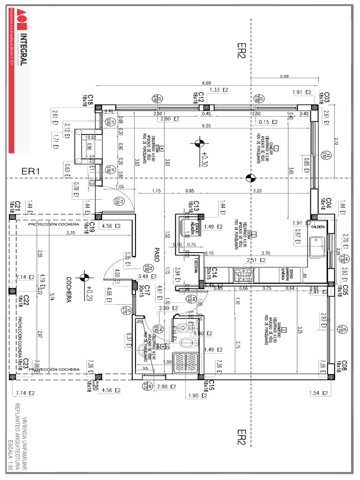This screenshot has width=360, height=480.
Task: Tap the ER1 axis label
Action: (31, 172)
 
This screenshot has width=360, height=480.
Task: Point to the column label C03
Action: (324, 97)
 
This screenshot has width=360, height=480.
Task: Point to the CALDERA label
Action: (319, 227)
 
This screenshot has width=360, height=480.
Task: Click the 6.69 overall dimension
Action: (206, 83)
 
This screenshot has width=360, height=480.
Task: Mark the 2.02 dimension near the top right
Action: (284, 76)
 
